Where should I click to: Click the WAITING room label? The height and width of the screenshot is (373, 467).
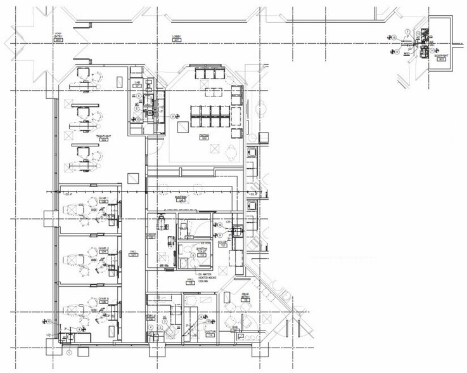(x=204, y=136)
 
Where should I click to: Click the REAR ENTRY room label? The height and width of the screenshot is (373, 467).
(x=245, y=297)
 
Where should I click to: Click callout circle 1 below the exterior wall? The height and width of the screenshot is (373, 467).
(x=69, y=352)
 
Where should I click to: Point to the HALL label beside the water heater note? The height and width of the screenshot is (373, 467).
(x=189, y=281)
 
